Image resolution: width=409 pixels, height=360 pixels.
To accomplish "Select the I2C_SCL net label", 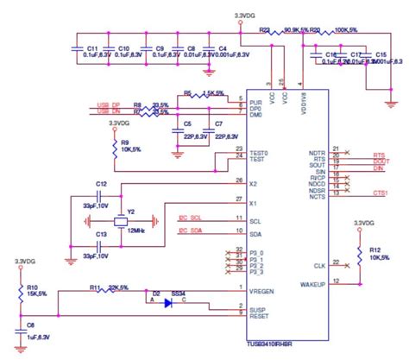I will tap(190, 216).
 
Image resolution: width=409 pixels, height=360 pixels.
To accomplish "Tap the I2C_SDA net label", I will tap(190, 231).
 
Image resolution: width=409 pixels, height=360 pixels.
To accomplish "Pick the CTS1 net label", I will tap(379, 193).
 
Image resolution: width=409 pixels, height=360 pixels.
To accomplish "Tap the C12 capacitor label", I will tap(102, 185).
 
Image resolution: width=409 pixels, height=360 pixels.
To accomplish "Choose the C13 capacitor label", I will tap(102, 234).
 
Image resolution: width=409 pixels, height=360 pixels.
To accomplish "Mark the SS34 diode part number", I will tap(179, 294).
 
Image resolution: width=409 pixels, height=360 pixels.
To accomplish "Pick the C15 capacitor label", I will tap(381, 54).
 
